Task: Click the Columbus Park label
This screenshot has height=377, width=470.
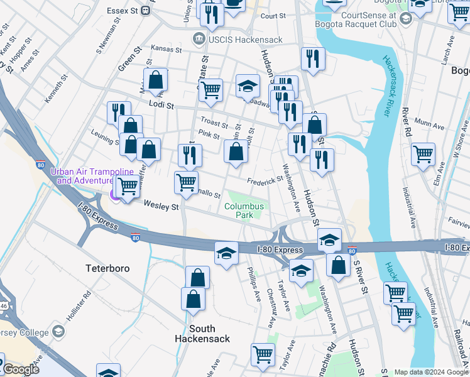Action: pyautogui.click(x=244, y=210)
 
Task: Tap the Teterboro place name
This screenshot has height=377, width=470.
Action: pyautogui.click(x=107, y=268)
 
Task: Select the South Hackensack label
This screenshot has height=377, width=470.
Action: pyautogui.click(x=202, y=334)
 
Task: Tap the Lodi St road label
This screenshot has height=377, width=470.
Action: pyautogui.click(x=161, y=106)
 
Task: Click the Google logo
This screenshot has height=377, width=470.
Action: pyautogui.click(x=21, y=369)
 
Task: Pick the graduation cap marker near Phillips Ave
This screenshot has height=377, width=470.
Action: pyautogui.click(x=226, y=253)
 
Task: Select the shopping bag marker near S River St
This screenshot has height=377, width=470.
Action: pyautogui.click(x=338, y=265)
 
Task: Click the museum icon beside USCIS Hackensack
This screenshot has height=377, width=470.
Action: pyautogui.click(x=199, y=38)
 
